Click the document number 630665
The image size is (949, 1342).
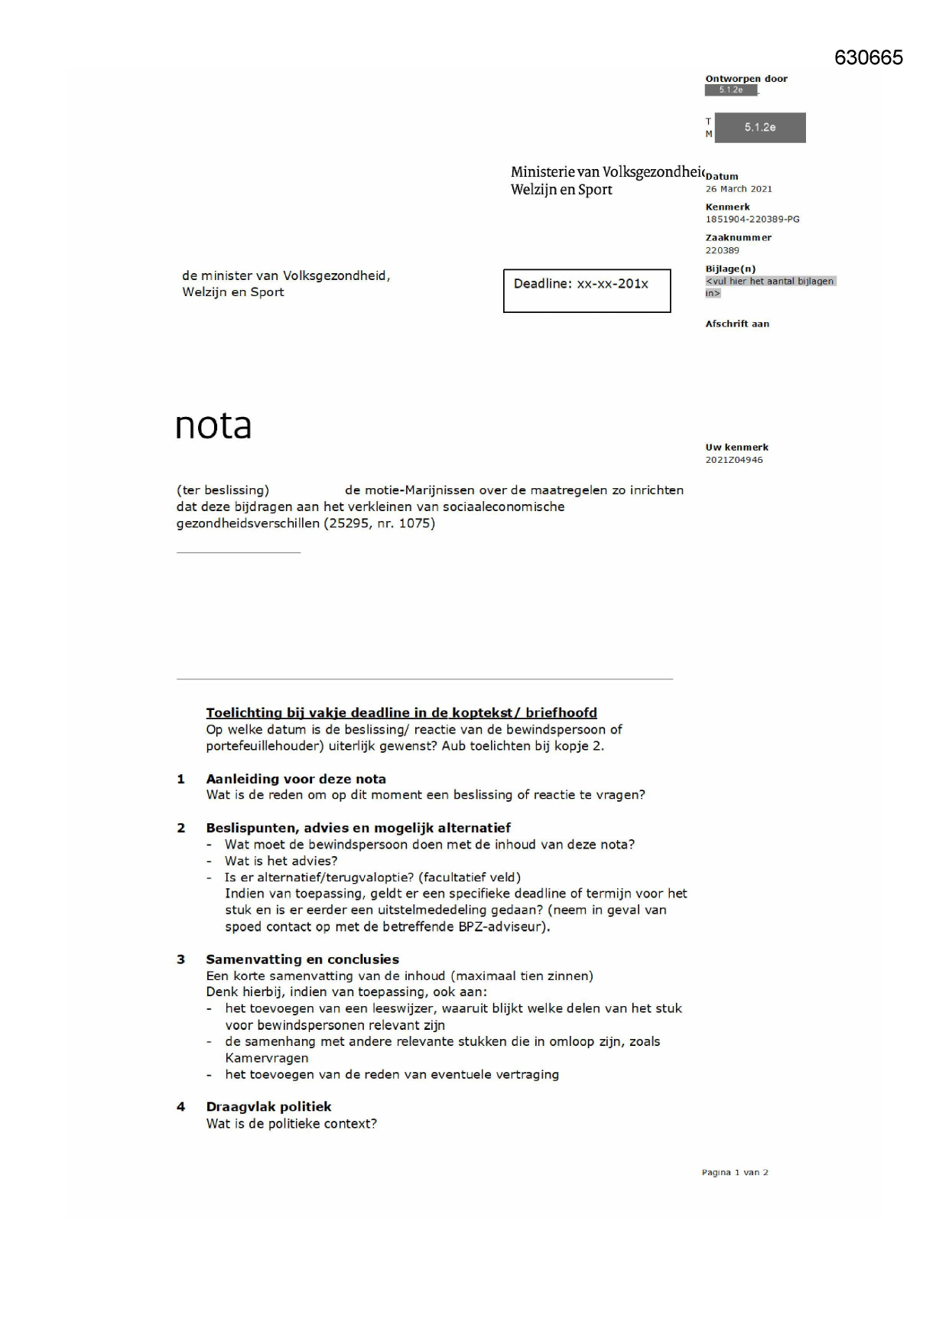pyautogui.click(x=868, y=57)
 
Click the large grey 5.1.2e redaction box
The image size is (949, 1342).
pyautogui.click(x=759, y=128)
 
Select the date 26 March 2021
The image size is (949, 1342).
pyautogui.click(x=738, y=189)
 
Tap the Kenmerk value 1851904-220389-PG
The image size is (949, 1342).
pyautogui.click(x=752, y=220)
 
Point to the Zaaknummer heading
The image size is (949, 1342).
pyautogui.click(x=738, y=238)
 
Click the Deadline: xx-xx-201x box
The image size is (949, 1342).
pyautogui.click(x=587, y=290)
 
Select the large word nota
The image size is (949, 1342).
pyautogui.click(x=213, y=425)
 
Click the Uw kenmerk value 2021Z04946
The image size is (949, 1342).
pyautogui.click(x=733, y=461)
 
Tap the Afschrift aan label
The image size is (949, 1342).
pyautogui.click(x=737, y=324)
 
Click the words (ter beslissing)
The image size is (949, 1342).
pyautogui.click(x=223, y=490)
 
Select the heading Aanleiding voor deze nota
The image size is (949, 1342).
pyautogui.click(x=295, y=779)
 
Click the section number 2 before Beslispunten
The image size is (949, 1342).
pyautogui.click(x=181, y=828)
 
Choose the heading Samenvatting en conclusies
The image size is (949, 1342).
pyautogui.click(x=302, y=959)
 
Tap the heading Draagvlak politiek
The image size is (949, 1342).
pyautogui.click(x=268, y=1107)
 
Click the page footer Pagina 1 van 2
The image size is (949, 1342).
pyautogui.click(x=734, y=1173)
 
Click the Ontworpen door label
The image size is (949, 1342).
pyautogui.click(x=746, y=79)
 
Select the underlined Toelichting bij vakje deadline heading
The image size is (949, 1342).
pyautogui.click(x=401, y=713)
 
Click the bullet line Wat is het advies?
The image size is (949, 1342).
pyautogui.click(x=281, y=862)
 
